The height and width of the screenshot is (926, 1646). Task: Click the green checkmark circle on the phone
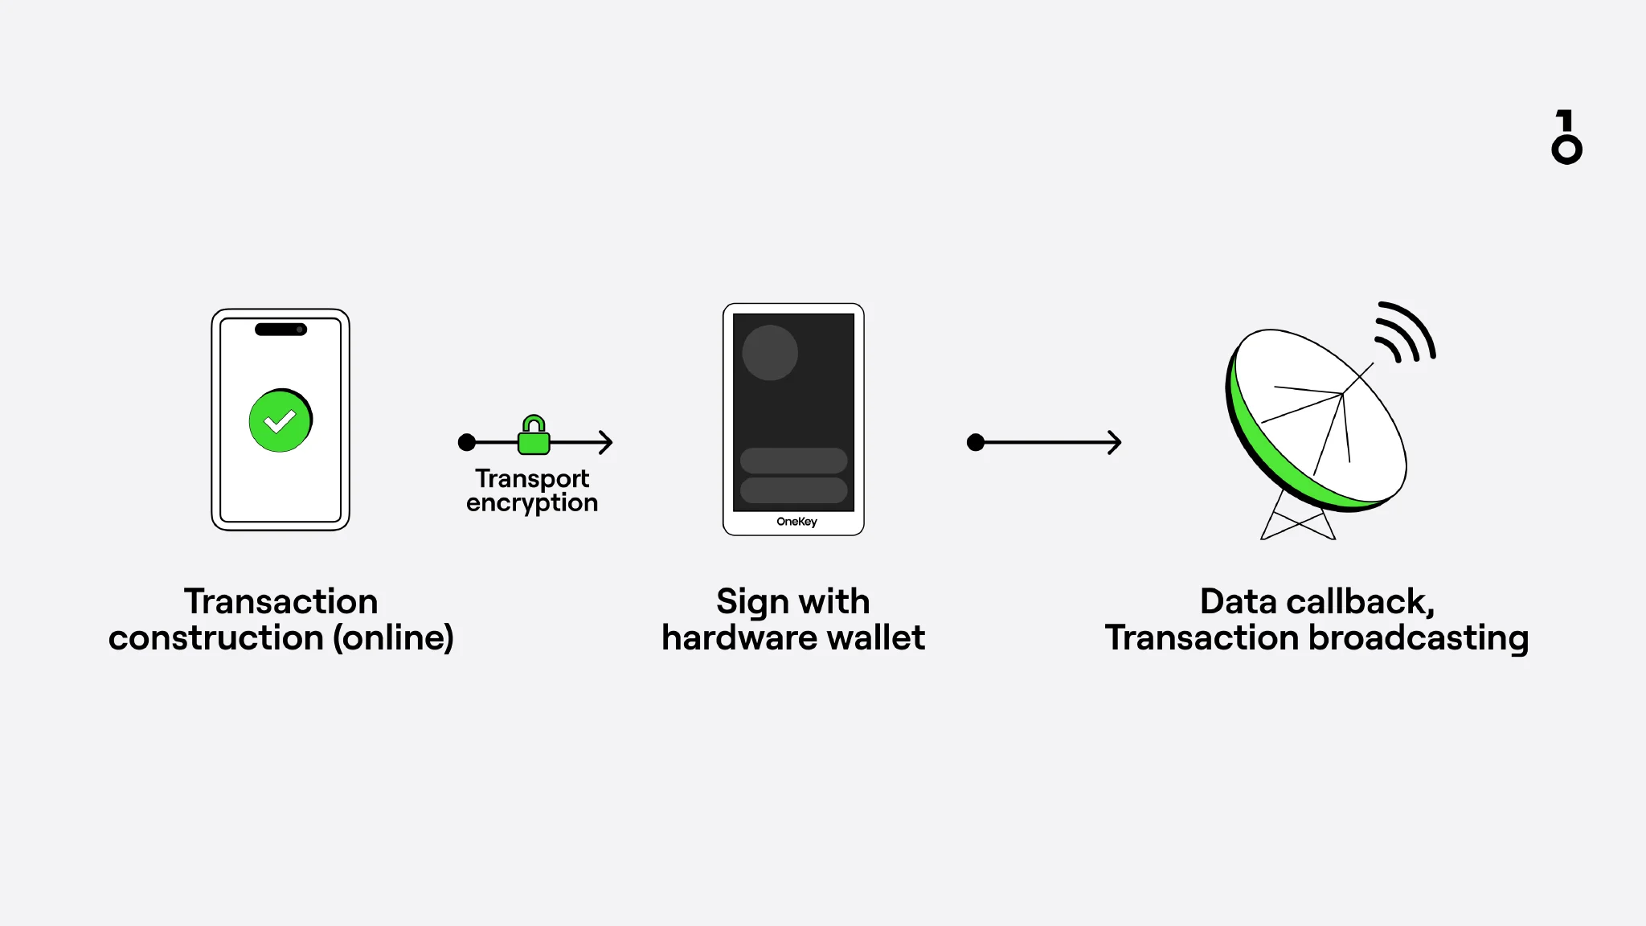(x=280, y=421)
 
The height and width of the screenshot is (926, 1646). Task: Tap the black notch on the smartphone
(x=280, y=330)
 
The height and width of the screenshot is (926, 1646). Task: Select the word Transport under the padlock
(x=532, y=478)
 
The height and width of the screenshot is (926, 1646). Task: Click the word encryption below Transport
(x=532, y=503)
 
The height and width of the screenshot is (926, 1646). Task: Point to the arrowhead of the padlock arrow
(x=606, y=442)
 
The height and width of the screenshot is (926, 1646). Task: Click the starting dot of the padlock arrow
(x=466, y=442)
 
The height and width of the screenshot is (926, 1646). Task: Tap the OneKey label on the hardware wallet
(x=796, y=522)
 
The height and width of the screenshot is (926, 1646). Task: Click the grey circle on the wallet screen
(x=770, y=353)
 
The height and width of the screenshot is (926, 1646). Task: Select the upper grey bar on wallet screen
(x=793, y=461)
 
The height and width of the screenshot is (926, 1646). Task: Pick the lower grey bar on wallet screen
(x=793, y=490)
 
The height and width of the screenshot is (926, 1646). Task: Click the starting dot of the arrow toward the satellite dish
(x=976, y=442)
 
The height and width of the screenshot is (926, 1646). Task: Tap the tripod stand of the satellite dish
(x=1297, y=521)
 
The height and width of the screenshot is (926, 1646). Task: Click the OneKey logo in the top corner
(x=1566, y=137)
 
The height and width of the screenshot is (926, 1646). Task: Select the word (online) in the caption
(x=393, y=638)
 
